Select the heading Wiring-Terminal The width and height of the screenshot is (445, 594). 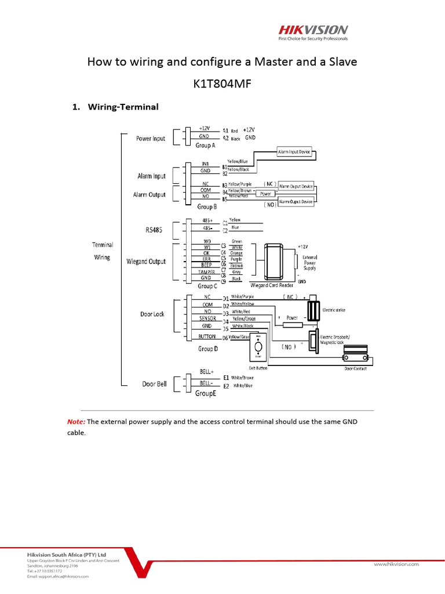coord(122,107)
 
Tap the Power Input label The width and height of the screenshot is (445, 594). coord(151,138)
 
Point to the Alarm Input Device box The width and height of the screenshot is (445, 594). coord(294,151)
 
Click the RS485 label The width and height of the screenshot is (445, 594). coord(154,230)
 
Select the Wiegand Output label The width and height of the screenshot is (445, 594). coord(146,262)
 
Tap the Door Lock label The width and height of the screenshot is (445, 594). coord(152,314)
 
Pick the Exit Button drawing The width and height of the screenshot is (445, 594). coord(258,348)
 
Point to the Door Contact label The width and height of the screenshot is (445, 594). coord(355,368)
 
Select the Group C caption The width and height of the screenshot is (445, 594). coord(207,286)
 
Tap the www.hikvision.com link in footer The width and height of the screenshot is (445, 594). coord(396,563)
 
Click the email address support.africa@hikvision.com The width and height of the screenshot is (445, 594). coord(58,577)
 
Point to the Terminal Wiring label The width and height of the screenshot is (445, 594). coord(103,251)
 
